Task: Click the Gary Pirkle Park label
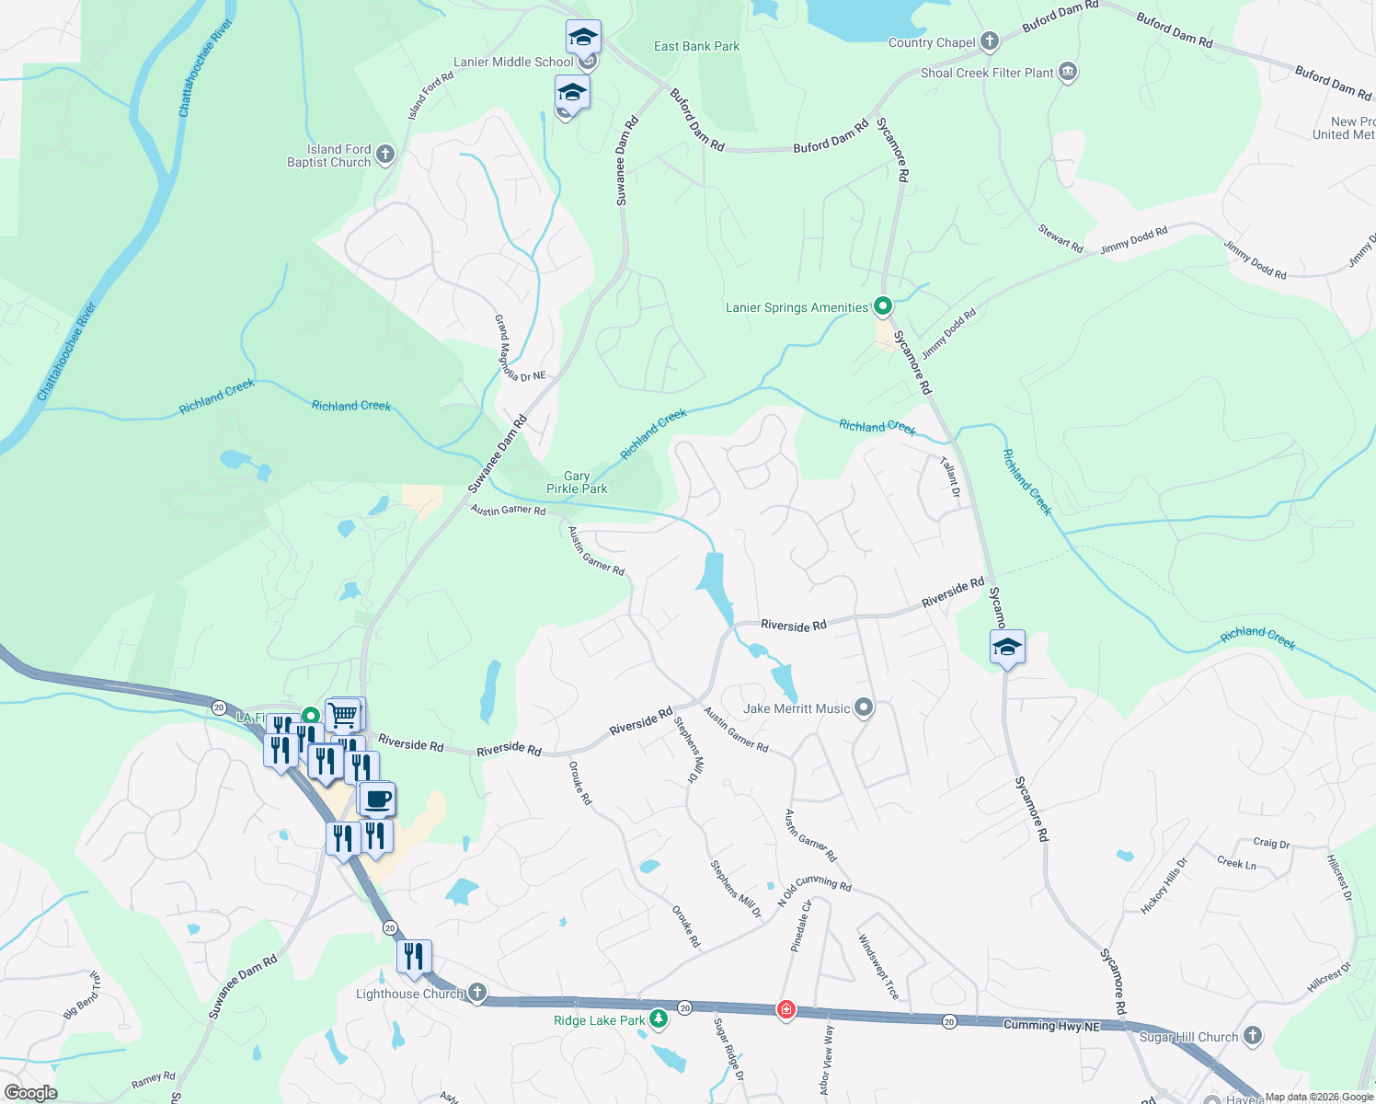click(x=577, y=483)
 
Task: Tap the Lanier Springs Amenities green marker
click(x=882, y=305)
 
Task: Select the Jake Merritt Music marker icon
click(x=863, y=707)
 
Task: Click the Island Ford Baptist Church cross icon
click(x=385, y=155)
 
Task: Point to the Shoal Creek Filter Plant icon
click(x=1067, y=73)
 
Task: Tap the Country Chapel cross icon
click(x=990, y=41)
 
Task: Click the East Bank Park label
click(x=696, y=46)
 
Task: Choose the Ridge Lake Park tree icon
click(x=659, y=1019)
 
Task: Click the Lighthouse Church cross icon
click(x=476, y=993)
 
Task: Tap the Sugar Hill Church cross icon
click(x=1253, y=1036)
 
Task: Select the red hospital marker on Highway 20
click(x=785, y=1009)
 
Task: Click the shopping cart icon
click(x=344, y=714)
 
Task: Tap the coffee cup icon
click(x=376, y=799)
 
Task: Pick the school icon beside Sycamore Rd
click(x=1007, y=647)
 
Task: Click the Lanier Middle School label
click(x=513, y=62)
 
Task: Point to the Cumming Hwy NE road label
click(x=1051, y=1025)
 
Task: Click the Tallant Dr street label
click(x=950, y=477)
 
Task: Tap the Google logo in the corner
click(x=30, y=1092)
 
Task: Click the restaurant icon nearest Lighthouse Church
click(x=414, y=957)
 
